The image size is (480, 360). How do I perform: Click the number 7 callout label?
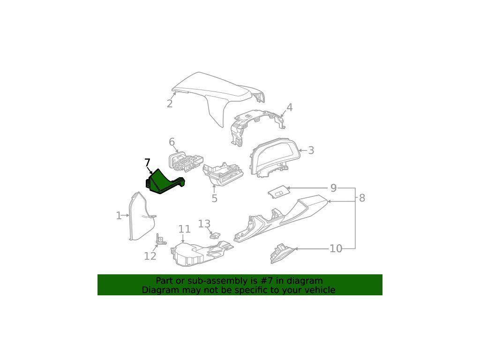pyautogui.click(x=147, y=163)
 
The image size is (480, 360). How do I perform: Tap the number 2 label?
pyautogui.click(x=170, y=104)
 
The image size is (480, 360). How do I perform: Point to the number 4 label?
pyautogui.click(x=289, y=107)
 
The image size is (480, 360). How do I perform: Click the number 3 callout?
pyautogui.click(x=311, y=150)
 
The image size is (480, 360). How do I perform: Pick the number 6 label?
pyautogui.click(x=172, y=142)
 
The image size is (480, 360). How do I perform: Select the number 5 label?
pyautogui.click(x=215, y=198)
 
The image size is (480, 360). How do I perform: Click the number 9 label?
pyautogui.click(x=334, y=188)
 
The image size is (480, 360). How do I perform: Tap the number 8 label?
pyautogui.click(x=362, y=198)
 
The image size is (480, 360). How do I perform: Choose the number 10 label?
pyautogui.click(x=336, y=248)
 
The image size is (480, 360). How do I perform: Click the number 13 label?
pyautogui.click(x=204, y=224)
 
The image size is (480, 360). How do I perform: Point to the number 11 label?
pyautogui.click(x=184, y=229)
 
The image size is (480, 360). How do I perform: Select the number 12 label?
pyautogui.click(x=150, y=256)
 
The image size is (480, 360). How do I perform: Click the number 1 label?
pyautogui.click(x=119, y=216)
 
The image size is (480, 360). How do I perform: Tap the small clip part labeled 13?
pyautogui.click(x=215, y=235)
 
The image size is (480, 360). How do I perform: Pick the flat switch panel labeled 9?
pyautogui.click(x=278, y=192)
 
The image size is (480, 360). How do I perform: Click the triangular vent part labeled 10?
pyautogui.click(x=282, y=254)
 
